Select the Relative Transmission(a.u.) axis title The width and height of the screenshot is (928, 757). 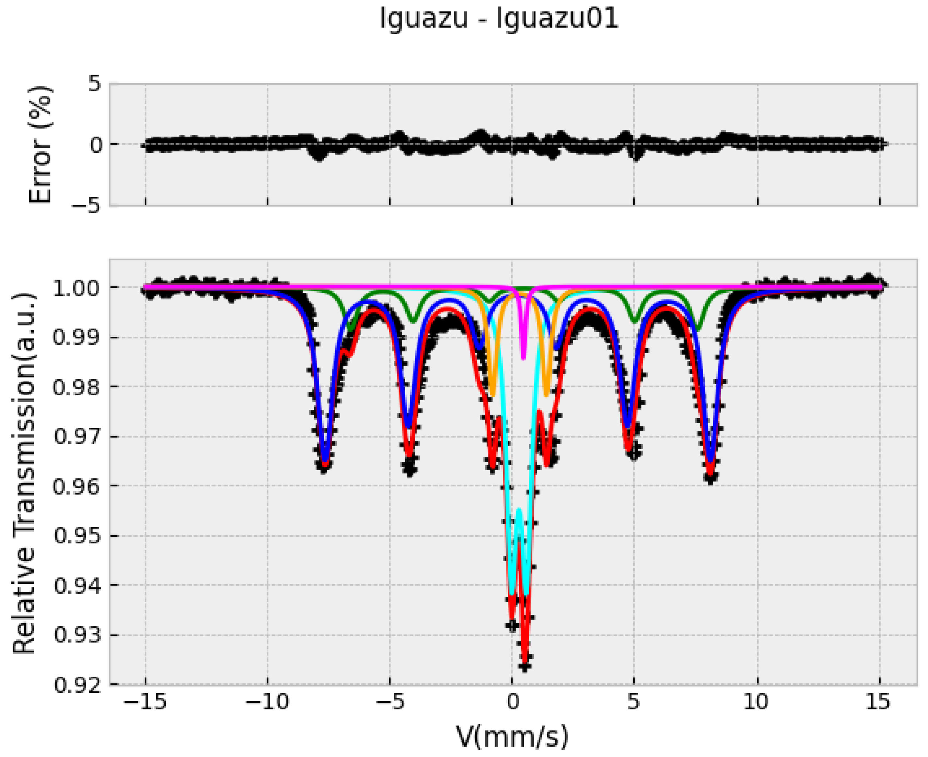(24, 473)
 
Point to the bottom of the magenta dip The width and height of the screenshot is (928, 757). (523, 359)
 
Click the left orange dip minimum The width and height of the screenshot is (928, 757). (492, 395)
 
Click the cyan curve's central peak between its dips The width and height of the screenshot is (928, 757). (519, 509)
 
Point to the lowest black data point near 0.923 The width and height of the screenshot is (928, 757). (525, 666)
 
